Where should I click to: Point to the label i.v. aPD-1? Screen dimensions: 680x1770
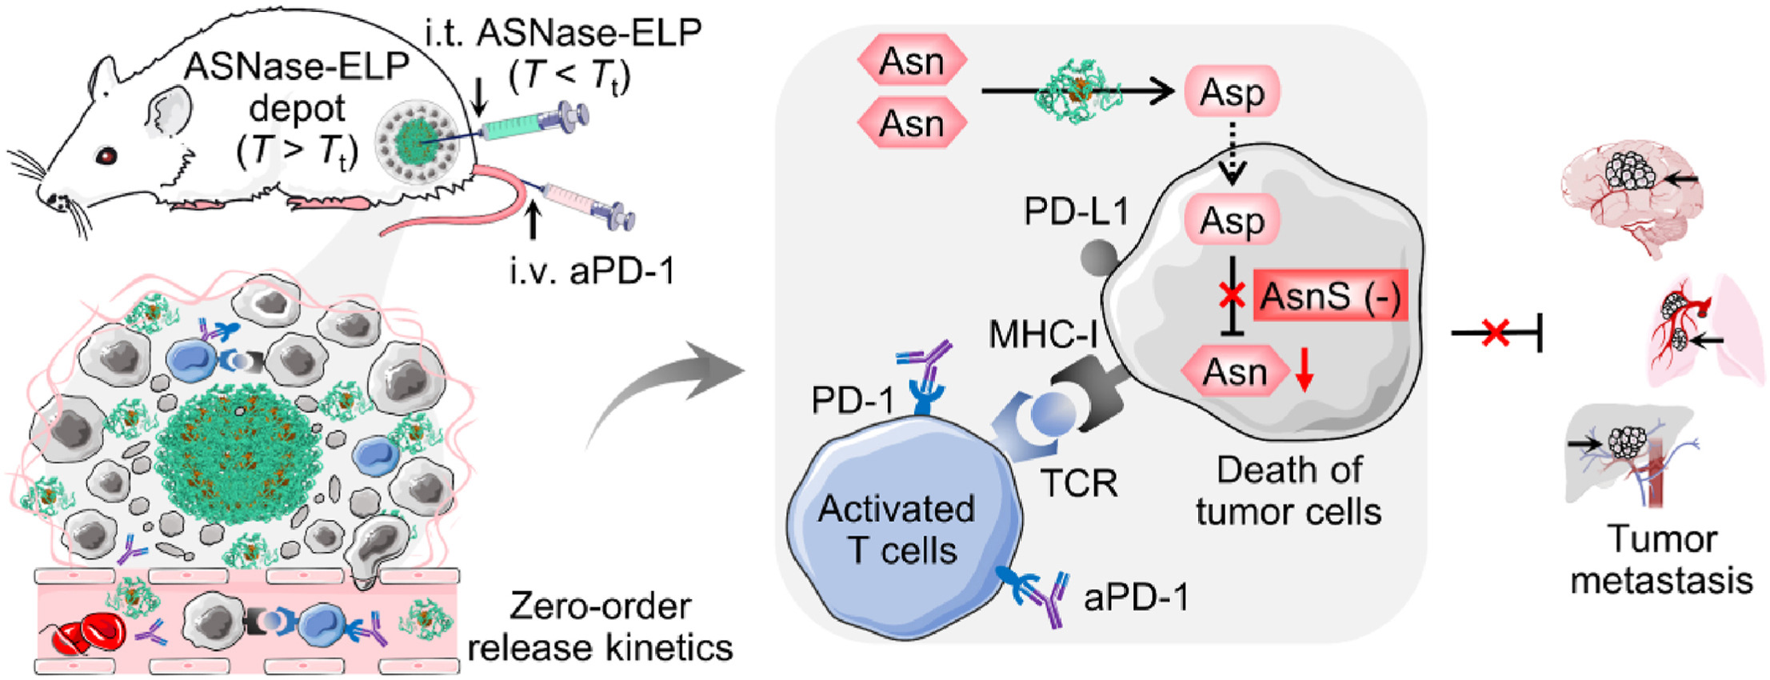593,271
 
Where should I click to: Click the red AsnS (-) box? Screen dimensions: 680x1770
1329,296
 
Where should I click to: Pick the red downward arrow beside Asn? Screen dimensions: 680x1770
1305,371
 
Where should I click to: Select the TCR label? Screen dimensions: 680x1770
1079,482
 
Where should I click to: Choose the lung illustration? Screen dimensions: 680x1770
1704,328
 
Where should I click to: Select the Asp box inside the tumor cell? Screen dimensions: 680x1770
1232,220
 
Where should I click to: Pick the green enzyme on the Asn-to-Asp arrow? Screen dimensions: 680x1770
1077,92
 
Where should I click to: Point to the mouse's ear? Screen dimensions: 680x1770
168,112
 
